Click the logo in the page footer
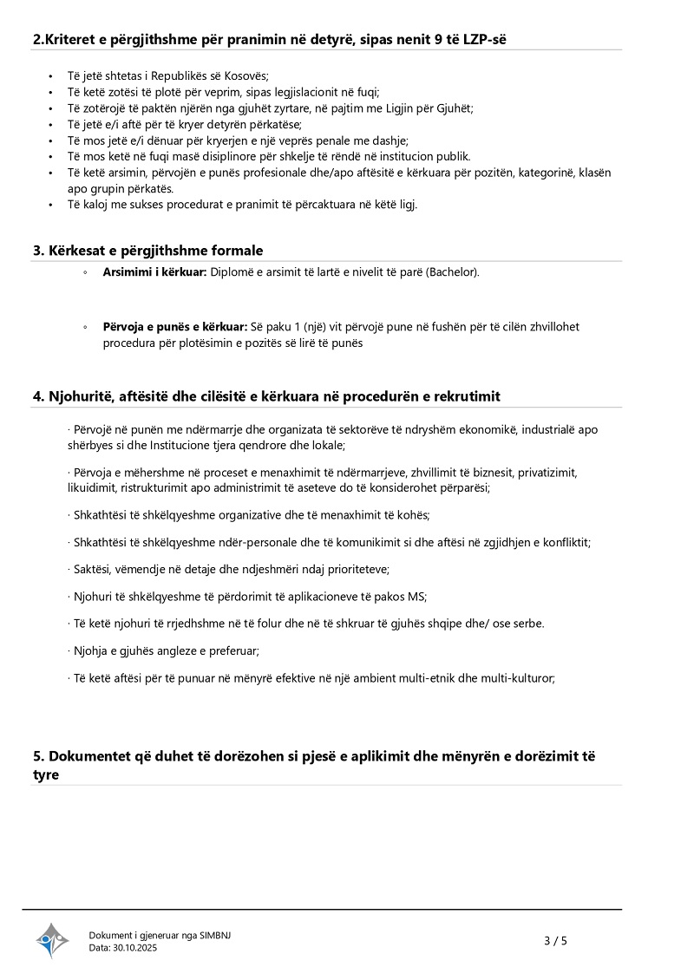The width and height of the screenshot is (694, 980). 52,940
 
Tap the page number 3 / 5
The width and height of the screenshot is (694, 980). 555,940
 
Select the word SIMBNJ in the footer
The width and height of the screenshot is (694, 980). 215,935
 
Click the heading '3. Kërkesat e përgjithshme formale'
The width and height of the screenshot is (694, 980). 147,251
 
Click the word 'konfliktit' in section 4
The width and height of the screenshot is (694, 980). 563,543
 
